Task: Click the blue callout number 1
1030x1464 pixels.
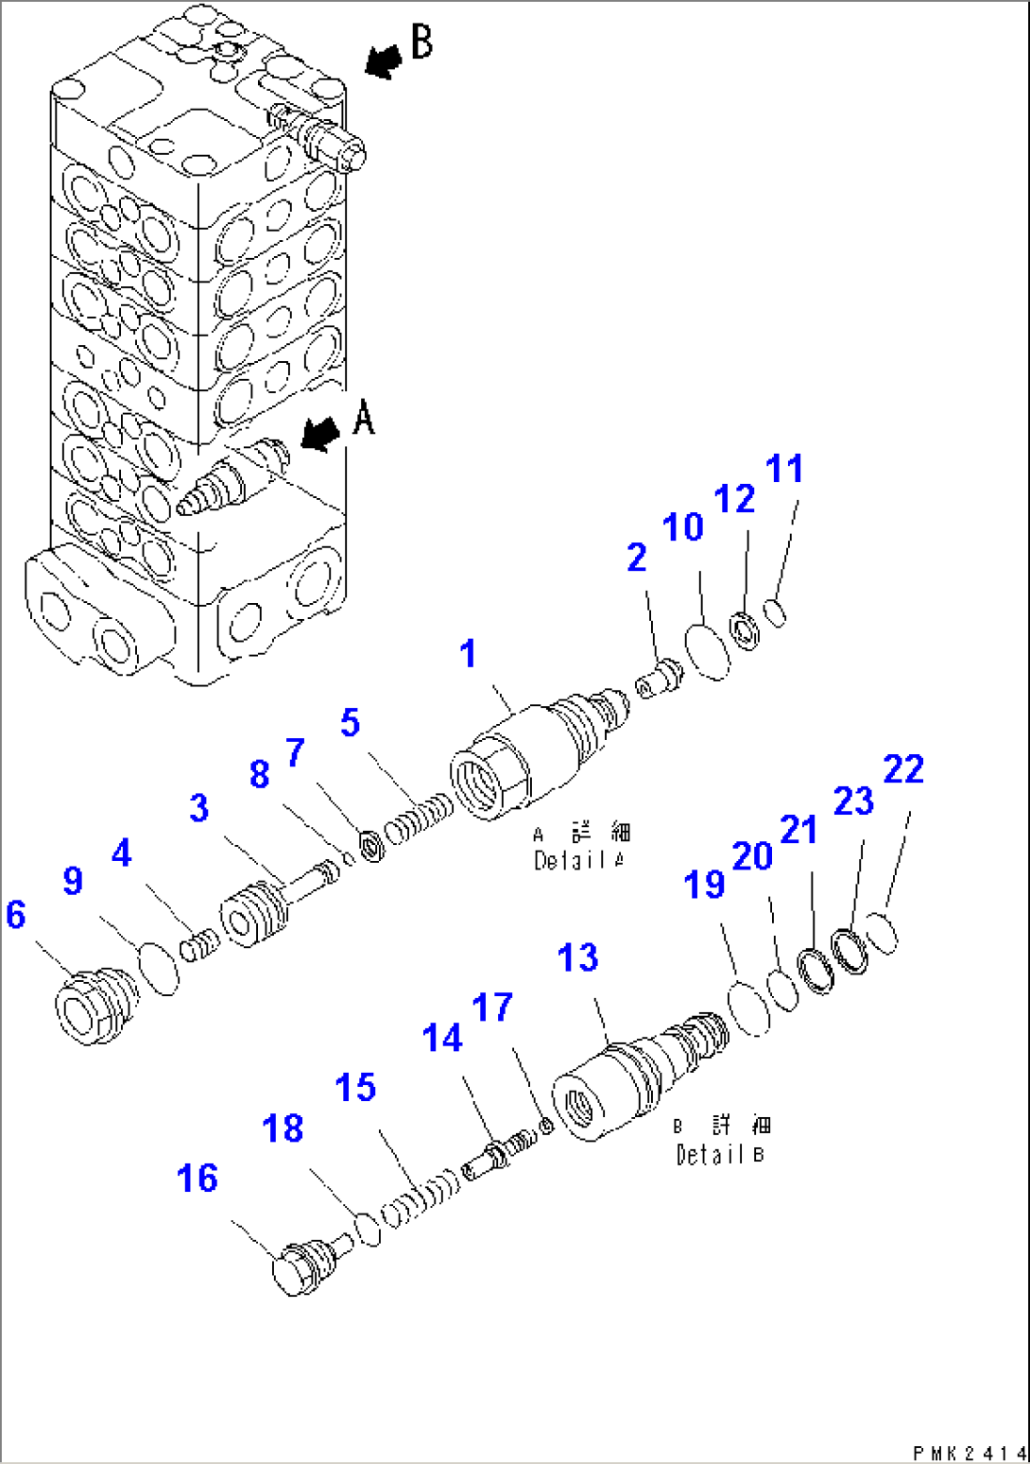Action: pyautogui.click(x=468, y=654)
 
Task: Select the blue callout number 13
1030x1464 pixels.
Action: pyautogui.click(x=577, y=957)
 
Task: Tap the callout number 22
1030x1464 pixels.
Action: pyautogui.click(x=902, y=769)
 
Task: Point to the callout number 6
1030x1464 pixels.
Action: pyautogui.click(x=16, y=914)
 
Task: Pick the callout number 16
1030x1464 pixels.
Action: pyautogui.click(x=197, y=1179)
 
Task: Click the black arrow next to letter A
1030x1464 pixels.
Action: pyautogui.click(x=320, y=435)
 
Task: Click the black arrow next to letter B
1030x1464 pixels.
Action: pyautogui.click(x=383, y=61)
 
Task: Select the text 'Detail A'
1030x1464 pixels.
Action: pyautogui.click(x=579, y=860)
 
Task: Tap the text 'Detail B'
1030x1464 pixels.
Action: pyautogui.click(x=720, y=1154)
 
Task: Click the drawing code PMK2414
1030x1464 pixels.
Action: pyautogui.click(x=969, y=1453)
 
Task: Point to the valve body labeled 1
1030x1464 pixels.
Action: pyautogui.click(x=534, y=756)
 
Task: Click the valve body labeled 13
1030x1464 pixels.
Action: pyautogui.click(x=633, y=1083)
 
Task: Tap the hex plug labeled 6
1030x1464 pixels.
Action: pyautogui.click(x=92, y=1008)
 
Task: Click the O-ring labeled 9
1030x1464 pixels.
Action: pyautogui.click(x=159, y=968)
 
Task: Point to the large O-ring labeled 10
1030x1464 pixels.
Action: pyautogui.click(x=707, y=649)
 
